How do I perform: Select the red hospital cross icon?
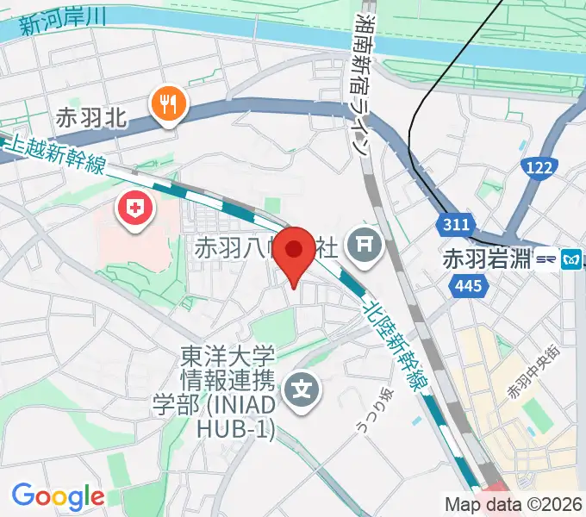[x=136, y=207]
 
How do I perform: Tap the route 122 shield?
[x=540, y=169]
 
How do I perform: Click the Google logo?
[x=58, y=495]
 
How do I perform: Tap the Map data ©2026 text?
[x=514, y=504]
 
